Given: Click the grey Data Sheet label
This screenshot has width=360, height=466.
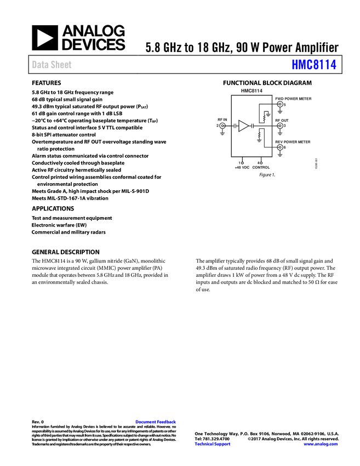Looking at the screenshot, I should tap(52, 65).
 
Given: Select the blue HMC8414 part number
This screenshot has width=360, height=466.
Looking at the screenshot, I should tap(314, 65).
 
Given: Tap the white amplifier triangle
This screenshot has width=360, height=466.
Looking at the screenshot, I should tap(243, 126).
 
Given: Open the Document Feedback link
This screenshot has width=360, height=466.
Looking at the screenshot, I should tap(156, 422).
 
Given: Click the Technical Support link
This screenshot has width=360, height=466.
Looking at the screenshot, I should tap(213, 444).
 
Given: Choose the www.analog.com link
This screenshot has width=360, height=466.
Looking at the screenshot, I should tap(321, 444).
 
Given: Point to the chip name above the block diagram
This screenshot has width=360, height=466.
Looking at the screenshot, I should tap(252, 90).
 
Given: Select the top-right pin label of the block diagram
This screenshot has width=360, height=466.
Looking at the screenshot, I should tap(294, 99).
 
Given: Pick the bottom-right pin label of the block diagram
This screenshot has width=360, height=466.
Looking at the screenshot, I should tap(294, 142).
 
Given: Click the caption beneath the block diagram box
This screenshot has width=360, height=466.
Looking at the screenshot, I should tap(253, 167).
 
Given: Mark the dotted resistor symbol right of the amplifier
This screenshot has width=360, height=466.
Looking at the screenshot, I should tap(264, 118).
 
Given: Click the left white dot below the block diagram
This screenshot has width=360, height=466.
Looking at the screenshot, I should tap(242, 162).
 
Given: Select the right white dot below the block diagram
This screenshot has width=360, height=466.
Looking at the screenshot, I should tap(261, 162).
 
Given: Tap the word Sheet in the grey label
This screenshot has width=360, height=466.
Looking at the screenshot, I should tap(61, 65).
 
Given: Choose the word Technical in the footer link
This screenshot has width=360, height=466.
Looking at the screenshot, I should tap(203, 444).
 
